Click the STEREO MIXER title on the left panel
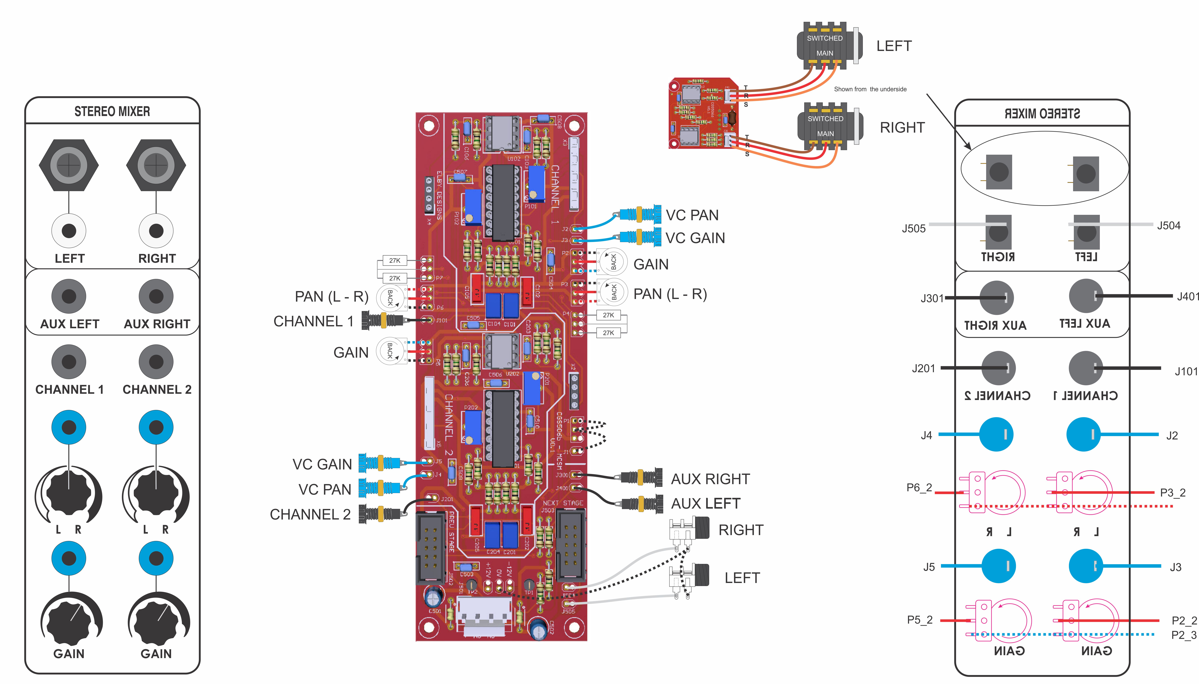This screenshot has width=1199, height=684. click(112, 112)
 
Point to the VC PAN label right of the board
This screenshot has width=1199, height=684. click(692, 215)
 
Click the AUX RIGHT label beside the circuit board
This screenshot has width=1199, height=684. click(710, 479)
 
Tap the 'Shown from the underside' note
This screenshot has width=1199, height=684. click(870, 89)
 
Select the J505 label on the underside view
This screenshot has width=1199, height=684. click(914, 229)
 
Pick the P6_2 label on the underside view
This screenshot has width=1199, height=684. click(919, 488)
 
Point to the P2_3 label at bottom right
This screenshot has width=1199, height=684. click(1184, 635)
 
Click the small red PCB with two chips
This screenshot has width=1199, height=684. click(703, 113)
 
